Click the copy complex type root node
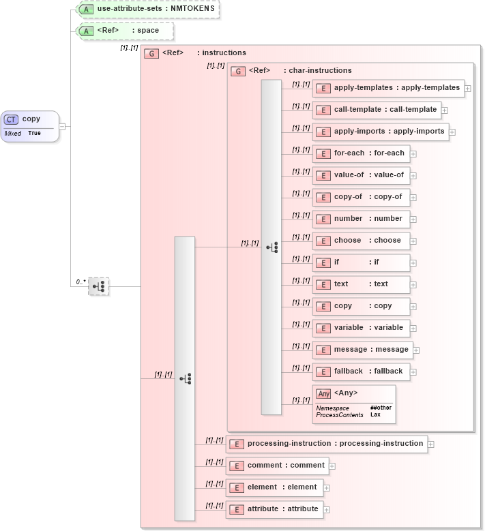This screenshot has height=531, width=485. pos(30,126)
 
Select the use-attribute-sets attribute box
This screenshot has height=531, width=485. pos(148,9)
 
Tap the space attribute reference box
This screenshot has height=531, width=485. pos(124,31)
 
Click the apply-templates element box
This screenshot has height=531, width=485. pos(388,88)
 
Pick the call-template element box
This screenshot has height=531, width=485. pos(377,110)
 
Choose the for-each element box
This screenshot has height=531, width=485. pos(361,153)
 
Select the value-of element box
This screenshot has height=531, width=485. pos(361,175)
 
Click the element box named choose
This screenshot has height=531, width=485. pos(361,241)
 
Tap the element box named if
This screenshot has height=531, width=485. pos(361,262)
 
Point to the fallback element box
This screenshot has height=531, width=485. pos(361,371)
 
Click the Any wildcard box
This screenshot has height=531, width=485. pos(353,403)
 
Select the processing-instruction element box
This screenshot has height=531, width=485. pos(327,444)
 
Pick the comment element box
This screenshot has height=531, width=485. pos(278,466)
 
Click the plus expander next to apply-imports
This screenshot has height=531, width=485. pos(452,132)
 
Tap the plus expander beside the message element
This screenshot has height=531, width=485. pos(416,350)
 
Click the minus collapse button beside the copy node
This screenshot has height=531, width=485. pos(62,126)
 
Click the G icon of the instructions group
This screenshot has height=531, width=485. pos(151,53)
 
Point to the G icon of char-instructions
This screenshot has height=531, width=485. pos(238,71)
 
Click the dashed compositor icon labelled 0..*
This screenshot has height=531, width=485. pos(99,286)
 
